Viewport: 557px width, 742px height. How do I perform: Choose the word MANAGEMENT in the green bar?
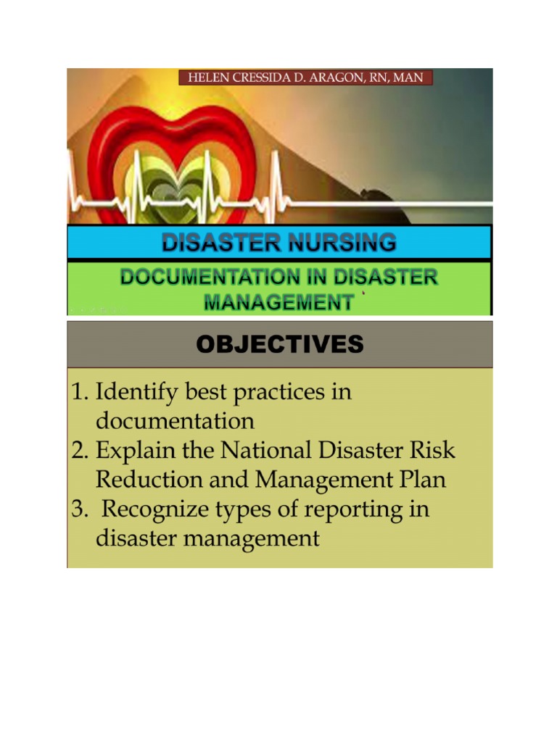point(278,302)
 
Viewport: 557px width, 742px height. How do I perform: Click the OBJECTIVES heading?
point(279,345)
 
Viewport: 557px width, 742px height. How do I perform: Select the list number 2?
point(78,451)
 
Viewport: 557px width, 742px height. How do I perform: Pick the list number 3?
point(78,509)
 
